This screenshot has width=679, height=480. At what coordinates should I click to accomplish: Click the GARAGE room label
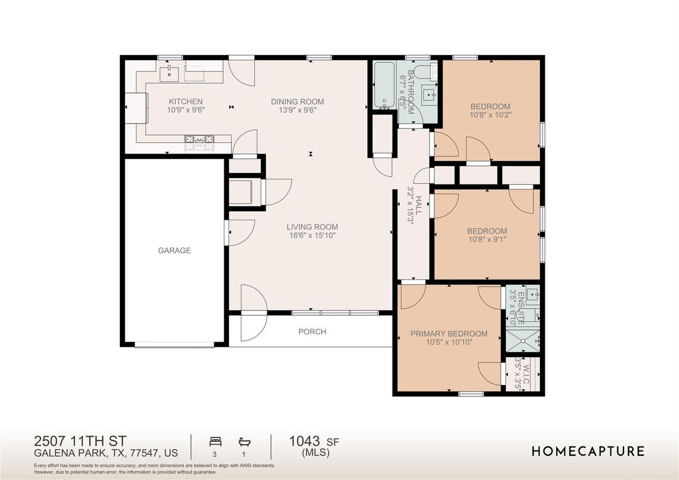(x=174, y=250)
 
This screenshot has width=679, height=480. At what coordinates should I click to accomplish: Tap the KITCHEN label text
(x=186, y=102)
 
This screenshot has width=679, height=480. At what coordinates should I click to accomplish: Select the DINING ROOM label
(x=298, y=102)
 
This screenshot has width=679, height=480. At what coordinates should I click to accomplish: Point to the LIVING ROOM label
(x=312, y=227)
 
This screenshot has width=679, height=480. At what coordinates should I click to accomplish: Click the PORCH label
(x=312, y=332)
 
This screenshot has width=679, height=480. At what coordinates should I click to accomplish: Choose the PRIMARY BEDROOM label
(x=449, y=334)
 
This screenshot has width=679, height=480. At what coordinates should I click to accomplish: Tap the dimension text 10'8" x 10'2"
(x=490, y=115)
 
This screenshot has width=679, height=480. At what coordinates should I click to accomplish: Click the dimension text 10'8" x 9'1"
(x=487, y=239)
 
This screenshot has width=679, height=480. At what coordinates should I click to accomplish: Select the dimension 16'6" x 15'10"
(x=312, y=236)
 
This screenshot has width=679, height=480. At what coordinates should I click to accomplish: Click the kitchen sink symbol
(x=169, y=73)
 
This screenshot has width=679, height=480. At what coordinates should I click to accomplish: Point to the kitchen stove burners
(x=200, y=139)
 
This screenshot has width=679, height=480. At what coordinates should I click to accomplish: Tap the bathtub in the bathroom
(x=384, y=85)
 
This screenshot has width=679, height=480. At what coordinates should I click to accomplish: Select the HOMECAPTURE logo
(x=588, y=451)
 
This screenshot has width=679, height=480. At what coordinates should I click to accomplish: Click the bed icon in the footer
(x=215, y=442)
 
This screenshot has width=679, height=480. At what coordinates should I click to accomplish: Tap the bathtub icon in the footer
(x=244, y=442)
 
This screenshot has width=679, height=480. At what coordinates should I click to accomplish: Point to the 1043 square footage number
(x=304, y=441)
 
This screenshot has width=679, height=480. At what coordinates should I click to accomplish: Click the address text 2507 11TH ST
(x=80, y=441)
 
